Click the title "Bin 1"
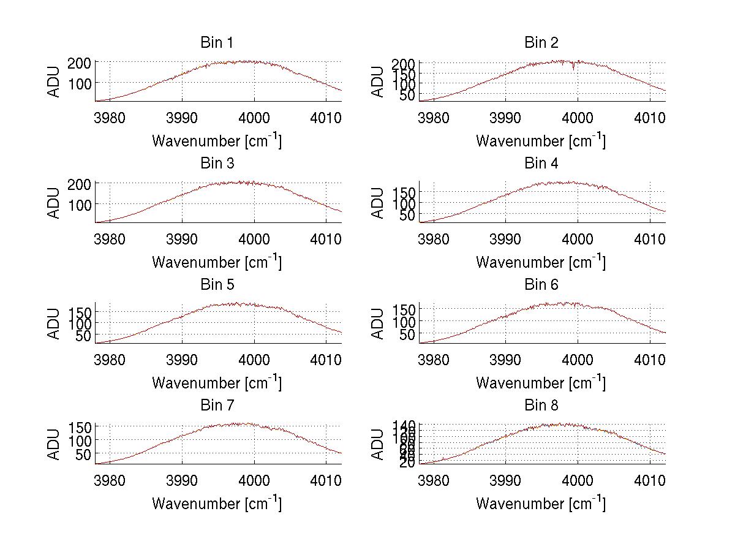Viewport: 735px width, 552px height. click(216, 43)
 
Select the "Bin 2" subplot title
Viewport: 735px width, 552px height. click(541, 43)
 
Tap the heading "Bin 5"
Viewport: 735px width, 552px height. click(216, 285)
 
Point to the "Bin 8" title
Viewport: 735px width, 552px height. click(541, 406)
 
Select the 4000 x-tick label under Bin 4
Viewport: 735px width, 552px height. click(578, 238)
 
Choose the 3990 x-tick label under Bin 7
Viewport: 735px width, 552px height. click(182, 480)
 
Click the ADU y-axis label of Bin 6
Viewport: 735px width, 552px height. click(379, 323)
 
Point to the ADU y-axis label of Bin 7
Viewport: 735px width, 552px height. click(55, 444)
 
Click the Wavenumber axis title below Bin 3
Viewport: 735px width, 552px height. click(216, 262)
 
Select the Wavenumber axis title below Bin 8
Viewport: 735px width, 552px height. click(541, 503)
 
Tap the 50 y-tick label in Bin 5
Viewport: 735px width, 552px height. click(84, 336)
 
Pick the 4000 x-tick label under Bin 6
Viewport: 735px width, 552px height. click(578, 359)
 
